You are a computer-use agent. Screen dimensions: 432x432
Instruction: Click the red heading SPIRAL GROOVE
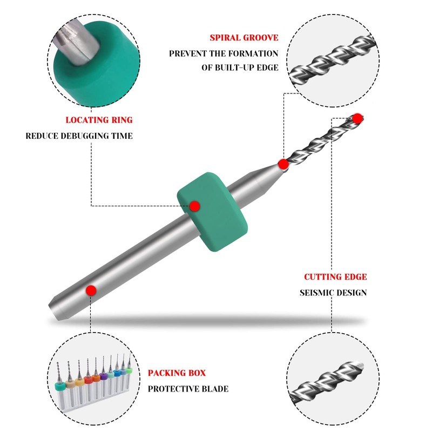pyautogui.click(x=244, y=37)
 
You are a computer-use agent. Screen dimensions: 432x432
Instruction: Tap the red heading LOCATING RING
pyautogui.click(x=99, y=120)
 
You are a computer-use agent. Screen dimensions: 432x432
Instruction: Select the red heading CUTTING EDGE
pyautogui.click(x=335, y=276)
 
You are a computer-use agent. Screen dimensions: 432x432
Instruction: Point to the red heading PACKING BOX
pyautogui.click(x=177, y=373)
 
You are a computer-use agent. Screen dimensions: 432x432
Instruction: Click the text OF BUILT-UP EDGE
pyautogui.click(x=240, y=67)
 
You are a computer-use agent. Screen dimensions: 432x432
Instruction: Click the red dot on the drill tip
pyautogui.click(x=357, y=118)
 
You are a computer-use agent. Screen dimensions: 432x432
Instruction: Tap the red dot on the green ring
pyautogui.click(x=194, y=206)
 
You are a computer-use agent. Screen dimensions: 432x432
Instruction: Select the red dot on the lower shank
pyautogui.click(x=91, y=291)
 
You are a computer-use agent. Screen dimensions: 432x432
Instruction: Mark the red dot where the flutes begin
pyautogui.click(x=283, y=164)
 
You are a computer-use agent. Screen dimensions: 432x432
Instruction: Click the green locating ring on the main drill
pyautogui.click(x=212, y=212)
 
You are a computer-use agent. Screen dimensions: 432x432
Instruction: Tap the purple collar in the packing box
pyautogui.click(x=104, y=376)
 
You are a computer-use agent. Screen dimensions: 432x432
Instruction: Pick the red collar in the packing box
pyautogui.click(x=89, y=380)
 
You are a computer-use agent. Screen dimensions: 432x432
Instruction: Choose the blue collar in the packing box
pyautogui.click(x=117, y=373)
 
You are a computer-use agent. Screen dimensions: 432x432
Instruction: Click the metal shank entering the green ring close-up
pyautogui.click(x=76, y=42)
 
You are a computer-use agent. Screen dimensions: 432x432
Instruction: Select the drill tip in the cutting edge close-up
pyautogui.click(x=358, y=367)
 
